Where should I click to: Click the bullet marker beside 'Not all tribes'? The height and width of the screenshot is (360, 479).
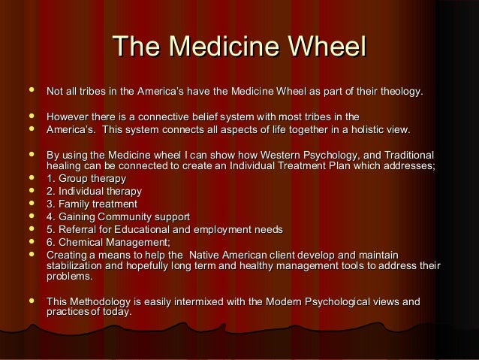pyautogui.click(x=30, y=91)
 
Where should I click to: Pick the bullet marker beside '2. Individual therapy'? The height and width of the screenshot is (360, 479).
pyautogui.click(x=30, y=192)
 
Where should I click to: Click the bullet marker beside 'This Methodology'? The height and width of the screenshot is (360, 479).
pyautogui.click(x=30, y=301)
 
